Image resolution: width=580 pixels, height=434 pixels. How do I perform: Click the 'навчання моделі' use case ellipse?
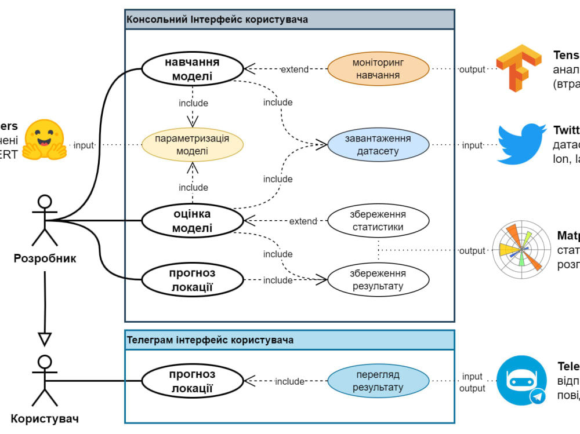193,69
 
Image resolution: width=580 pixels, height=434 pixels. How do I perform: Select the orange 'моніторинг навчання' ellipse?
378,69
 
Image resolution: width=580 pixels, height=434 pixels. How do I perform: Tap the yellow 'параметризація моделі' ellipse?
193,145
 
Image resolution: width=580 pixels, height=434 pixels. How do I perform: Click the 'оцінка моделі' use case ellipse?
193,221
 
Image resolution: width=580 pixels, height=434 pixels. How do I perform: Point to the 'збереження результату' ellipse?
378,280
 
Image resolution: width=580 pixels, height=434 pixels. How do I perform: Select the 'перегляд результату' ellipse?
378,381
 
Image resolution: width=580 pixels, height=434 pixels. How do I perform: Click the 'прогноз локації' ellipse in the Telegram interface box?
193,381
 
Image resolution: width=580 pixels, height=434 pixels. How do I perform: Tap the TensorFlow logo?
518,68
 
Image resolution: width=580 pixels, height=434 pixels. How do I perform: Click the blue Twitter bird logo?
521,144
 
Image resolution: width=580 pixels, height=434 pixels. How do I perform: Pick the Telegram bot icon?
521,380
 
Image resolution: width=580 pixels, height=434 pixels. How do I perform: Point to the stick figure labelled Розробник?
45,220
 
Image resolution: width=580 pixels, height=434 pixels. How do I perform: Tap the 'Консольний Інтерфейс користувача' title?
217,20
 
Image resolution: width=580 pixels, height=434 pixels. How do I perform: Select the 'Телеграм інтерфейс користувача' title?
210,340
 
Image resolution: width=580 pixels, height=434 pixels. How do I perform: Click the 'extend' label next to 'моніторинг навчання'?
295,70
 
